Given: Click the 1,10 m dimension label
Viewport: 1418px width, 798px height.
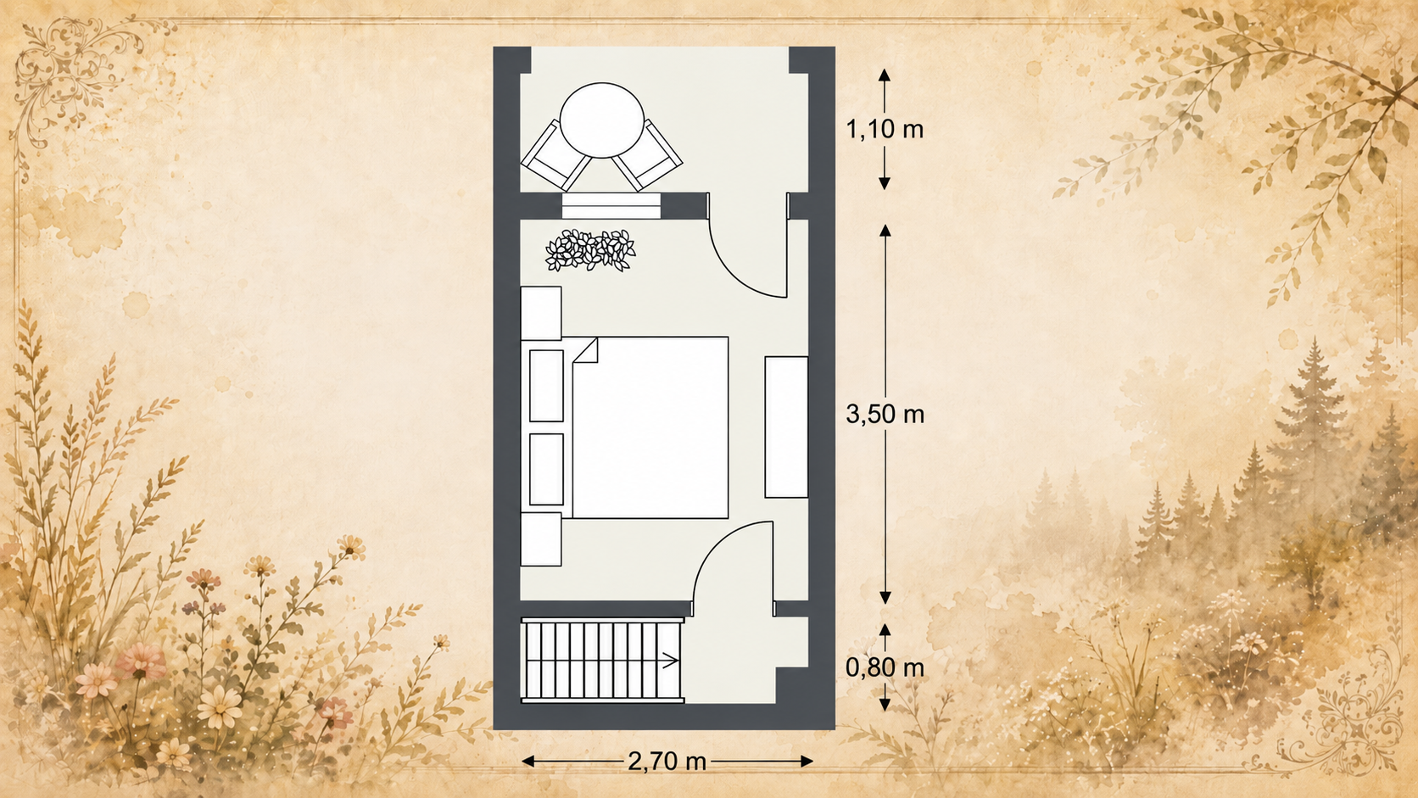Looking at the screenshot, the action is [x=885, y=130].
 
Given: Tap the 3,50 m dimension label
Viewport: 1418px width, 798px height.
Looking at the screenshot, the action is [x=885, y=415].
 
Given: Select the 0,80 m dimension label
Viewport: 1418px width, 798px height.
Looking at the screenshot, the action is [x=885, y=667].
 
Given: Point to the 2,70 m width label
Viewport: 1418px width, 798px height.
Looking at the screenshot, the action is [x=667, y=762].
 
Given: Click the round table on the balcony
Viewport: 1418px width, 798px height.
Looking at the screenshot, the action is [x=602, y=120].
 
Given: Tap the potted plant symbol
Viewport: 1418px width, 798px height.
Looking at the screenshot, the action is [x=590, y=251].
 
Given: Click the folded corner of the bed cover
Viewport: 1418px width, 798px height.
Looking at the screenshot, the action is [x=586, y=350].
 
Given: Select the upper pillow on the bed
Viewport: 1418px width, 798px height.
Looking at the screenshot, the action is [x=546, y=385].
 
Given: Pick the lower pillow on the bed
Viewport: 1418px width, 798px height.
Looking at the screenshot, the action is [x=546, y=470].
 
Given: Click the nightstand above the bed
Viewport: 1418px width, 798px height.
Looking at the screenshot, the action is [x=540, y=313].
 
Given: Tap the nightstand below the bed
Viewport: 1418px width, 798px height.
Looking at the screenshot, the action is [x=540, y=539].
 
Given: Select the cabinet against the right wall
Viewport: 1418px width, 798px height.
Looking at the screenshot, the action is [x=786, y=427].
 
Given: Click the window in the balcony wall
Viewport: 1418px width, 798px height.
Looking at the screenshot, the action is [x=611, y=206].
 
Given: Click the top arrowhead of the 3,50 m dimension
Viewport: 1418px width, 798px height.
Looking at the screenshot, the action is [x=885, y=231].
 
